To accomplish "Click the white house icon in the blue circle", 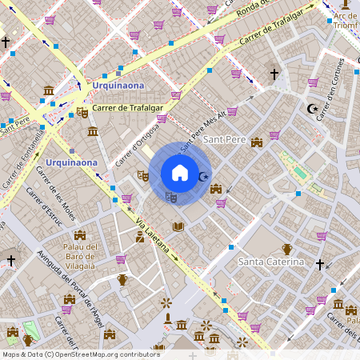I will tap(180, 173).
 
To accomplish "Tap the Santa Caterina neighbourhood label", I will tap(272, 262).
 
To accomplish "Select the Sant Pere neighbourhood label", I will tap(223, 140).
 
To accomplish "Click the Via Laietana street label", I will tap(152, 234).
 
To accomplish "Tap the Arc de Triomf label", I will tap(346, 20).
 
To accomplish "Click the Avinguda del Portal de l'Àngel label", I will tap(70, 286).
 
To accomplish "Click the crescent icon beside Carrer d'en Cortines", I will tap(312, 109).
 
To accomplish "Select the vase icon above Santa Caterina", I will tap(287, 249).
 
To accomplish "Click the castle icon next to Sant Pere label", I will tap(257, 142).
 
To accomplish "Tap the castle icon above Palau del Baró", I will tap(80, 234).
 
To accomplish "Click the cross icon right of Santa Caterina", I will tap(320, 263).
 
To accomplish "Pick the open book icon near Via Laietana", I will tap(178, 227).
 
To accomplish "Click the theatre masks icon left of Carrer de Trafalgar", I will tap(82, 113).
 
